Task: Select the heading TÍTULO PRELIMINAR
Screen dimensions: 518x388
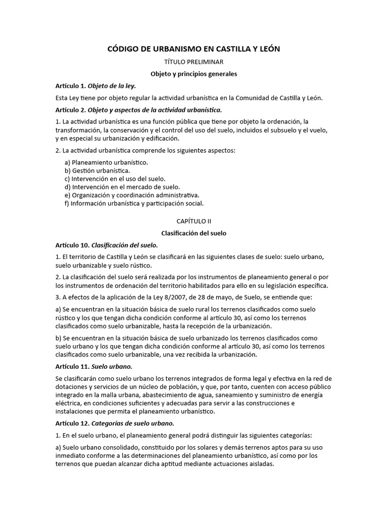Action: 194,62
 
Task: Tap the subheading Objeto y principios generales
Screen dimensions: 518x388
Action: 194,74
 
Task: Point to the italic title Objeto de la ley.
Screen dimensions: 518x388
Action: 112,86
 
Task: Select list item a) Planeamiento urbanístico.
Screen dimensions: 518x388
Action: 106,162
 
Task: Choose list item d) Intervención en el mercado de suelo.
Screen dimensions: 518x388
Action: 122,187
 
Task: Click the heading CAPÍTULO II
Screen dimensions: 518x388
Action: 194,221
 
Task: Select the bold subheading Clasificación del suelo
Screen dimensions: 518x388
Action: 194,233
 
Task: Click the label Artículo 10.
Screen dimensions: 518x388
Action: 72,245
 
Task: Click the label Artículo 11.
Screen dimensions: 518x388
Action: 72,366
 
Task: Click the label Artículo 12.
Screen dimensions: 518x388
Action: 72,423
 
